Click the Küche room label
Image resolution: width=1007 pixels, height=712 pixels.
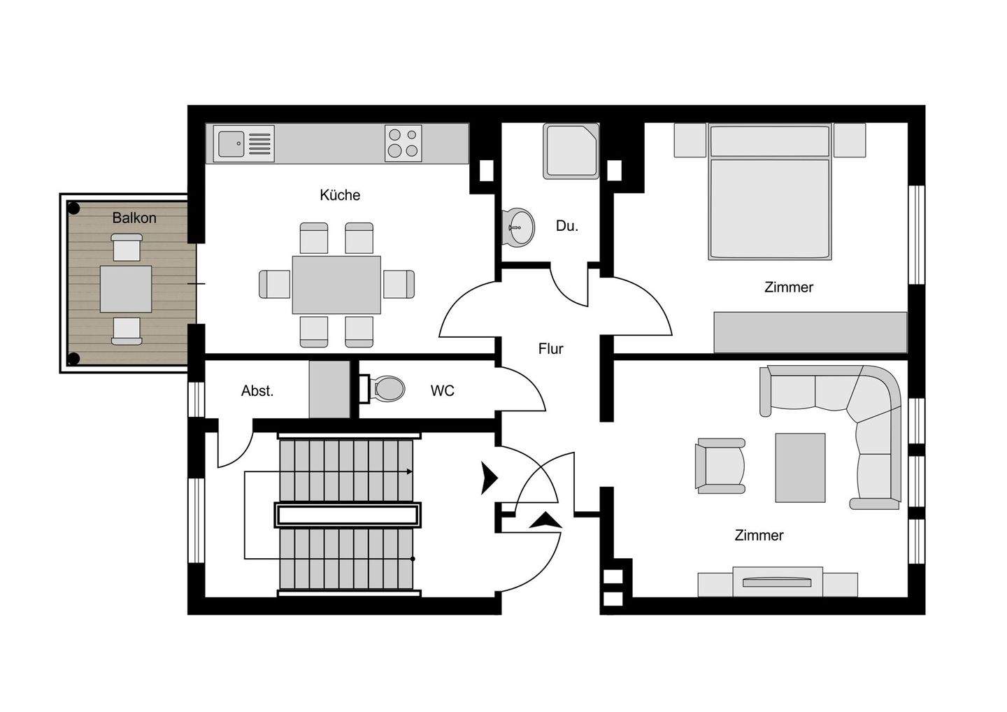pos(340,195)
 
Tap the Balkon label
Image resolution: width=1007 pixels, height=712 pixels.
pos(134,218)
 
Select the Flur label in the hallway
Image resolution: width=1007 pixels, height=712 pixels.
pos(550,349)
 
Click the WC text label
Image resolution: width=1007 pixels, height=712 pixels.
pos(442,391)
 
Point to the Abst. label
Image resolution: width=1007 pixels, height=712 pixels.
pos(257,391)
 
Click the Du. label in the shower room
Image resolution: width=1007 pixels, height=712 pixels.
pos(566,226)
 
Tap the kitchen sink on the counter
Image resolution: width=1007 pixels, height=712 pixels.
pos(231,144)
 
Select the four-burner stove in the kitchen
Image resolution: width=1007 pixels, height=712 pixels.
pos(403,143)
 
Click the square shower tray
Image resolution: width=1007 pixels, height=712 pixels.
pos(571,150)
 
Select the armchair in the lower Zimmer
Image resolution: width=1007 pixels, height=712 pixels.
pos(720,466)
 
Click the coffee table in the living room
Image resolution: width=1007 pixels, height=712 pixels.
pos(800,467)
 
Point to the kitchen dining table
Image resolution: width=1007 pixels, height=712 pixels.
pos(336,285)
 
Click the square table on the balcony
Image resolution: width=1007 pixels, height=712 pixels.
pos(126,289)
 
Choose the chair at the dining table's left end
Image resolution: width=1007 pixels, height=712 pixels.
pos(274,284)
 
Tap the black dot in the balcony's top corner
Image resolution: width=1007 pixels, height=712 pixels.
pos(73,208)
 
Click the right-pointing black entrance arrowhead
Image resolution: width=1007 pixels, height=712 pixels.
pos(489,478)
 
